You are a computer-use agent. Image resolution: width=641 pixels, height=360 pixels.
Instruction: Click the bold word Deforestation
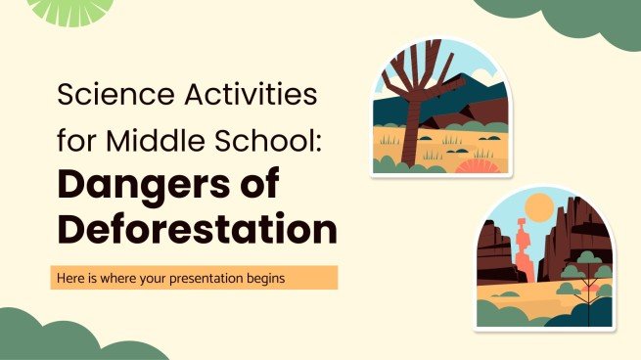click(195, 231)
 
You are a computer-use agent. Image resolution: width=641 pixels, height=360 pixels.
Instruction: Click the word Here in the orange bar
click(74, 278)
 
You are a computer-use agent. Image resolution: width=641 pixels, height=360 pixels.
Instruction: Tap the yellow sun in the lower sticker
click(538, 207)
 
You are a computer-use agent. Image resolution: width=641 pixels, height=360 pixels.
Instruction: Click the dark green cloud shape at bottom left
click(59, 337)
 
